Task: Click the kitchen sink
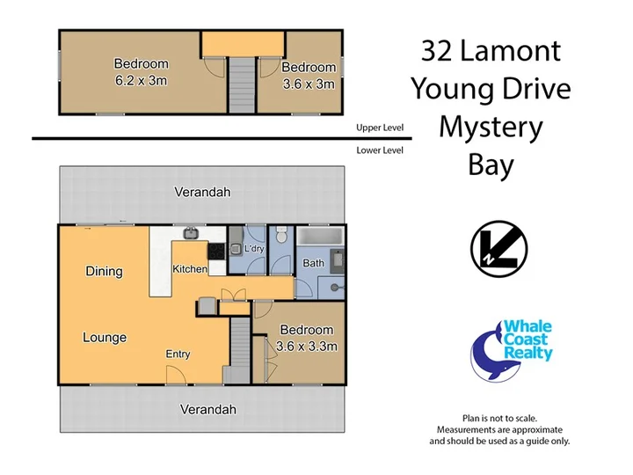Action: [x=190, y=233]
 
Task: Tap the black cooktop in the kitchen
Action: [x=217, y=252]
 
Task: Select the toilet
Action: [x=281, y=235]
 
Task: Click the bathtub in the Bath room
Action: [x=320, y=237]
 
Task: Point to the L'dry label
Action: [x=254, y=248]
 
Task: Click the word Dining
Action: [x=104, y=272]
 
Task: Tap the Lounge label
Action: [x=105, y=337]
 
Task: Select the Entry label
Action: [x=178, y=354]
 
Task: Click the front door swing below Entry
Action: [x=176, y=375]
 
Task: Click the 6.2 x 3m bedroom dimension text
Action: [x=141, y=81]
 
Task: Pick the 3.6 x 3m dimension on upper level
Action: [x=309, y=84]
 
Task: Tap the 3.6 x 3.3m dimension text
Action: [x=307, y=347]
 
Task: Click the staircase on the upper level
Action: [x=243, y=84]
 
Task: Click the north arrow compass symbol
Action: [x=499, y=249]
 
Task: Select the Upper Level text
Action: [x=380, y=128]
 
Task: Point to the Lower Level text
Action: [x=380, y=150]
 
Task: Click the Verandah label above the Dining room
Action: [x=203, y=192]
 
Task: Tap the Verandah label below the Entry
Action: [x=207, y=410]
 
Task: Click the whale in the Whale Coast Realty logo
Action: [x=489, y=355]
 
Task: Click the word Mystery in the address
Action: [x=491, y=128]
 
